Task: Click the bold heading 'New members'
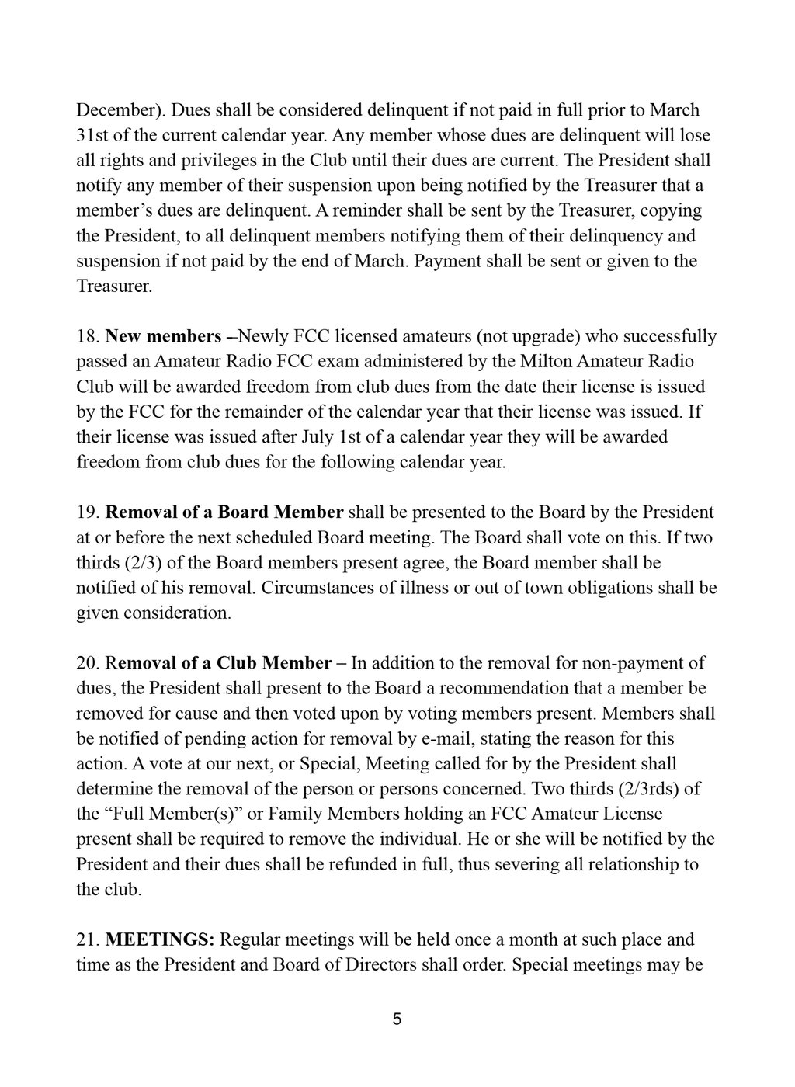pos(163,336)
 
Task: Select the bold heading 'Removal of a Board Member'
pos(224,512)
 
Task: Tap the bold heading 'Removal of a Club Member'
pos(218,662)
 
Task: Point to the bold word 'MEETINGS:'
pos(160,939)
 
